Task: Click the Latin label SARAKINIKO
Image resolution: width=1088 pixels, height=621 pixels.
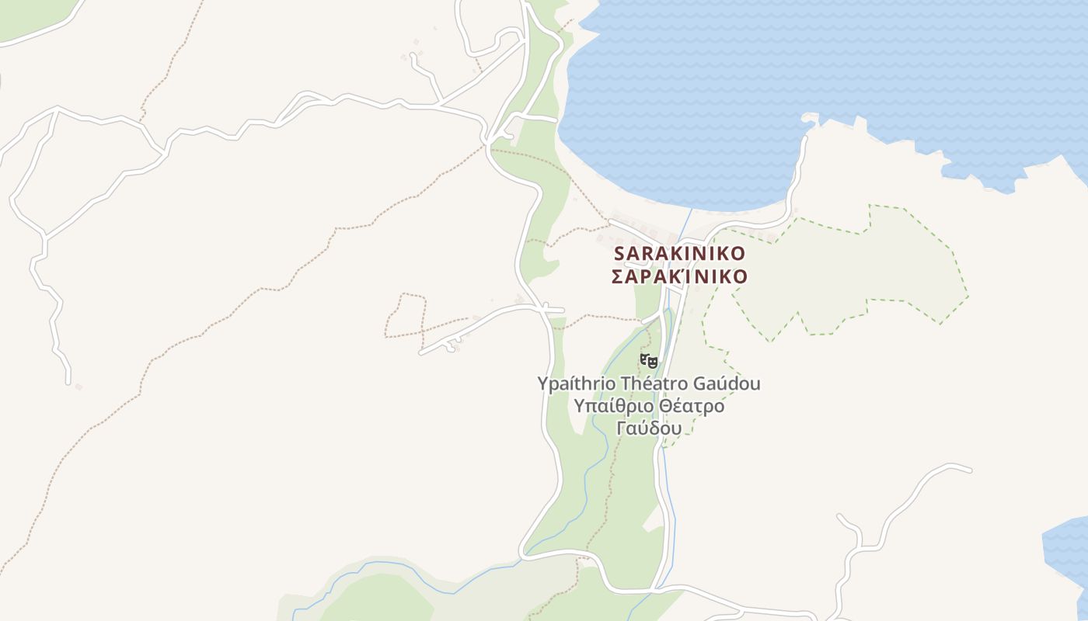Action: coord(679,254)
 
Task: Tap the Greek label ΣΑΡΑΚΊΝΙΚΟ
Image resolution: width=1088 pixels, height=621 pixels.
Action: coord(679,277)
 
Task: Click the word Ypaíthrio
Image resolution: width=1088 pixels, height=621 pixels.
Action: coord(573,383)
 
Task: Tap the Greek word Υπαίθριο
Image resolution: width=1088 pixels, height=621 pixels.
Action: coord(609,406)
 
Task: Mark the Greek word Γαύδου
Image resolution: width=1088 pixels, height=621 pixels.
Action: coord(649,428)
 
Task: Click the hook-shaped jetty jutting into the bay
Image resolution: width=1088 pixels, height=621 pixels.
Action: coord(810,120)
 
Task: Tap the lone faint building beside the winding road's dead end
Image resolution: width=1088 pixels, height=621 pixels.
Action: coord(78,387)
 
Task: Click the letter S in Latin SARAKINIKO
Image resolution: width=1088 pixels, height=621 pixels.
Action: coord(619,254)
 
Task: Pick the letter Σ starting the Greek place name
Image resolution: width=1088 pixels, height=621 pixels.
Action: coord(617,277)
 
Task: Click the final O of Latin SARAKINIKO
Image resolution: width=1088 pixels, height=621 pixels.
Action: coord(738,254)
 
